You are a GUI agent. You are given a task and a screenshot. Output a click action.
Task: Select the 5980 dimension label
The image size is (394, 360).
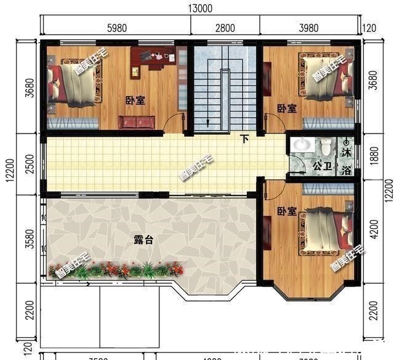(116, 27)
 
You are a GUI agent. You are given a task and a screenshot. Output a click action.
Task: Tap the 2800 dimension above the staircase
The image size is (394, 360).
(225, 27)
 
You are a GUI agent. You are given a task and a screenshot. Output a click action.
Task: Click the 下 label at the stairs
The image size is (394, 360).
(245, 139)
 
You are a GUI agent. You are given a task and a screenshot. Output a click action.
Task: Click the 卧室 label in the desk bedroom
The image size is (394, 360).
(135, 100)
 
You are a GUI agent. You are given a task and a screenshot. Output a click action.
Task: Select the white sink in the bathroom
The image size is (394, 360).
(301, 145)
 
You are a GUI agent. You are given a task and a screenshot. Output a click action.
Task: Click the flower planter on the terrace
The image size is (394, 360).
(116, 269)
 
